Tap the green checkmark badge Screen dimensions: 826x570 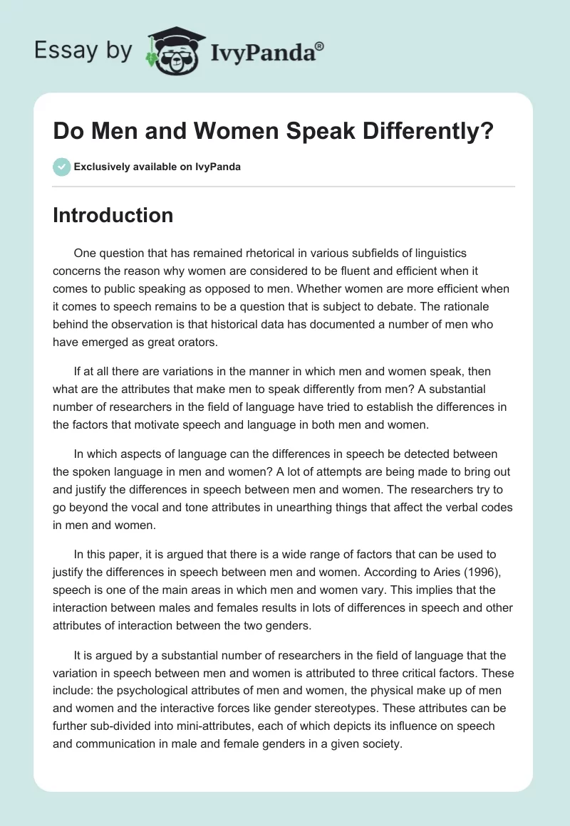(x=61, y=167)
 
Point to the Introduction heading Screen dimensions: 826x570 (x=113, y=215)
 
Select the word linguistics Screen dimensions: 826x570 (x=440, y=253)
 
